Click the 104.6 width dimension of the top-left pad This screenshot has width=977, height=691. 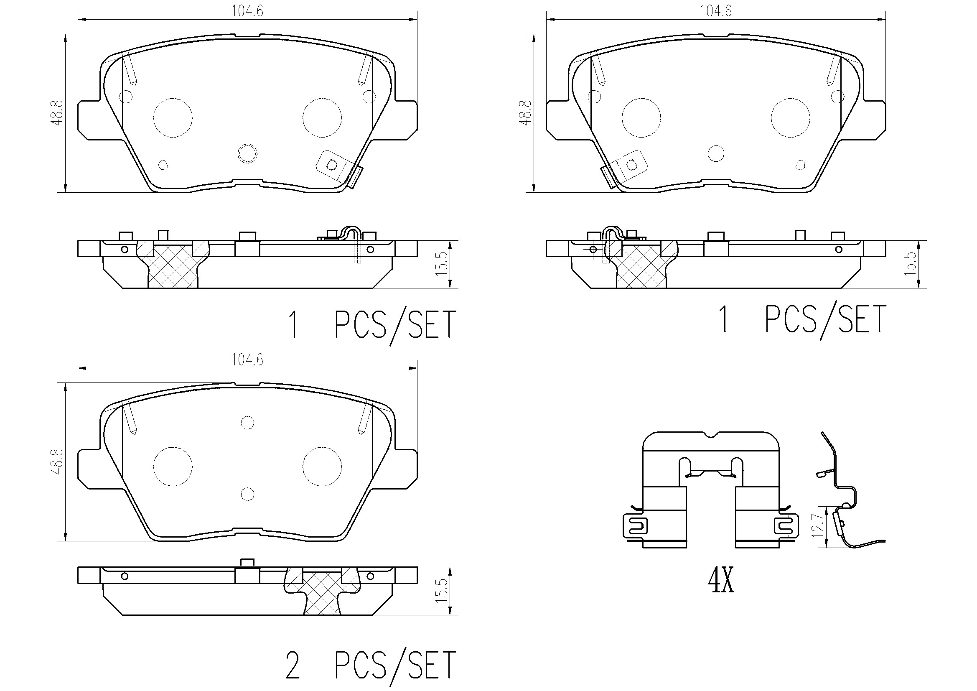coord(247,11)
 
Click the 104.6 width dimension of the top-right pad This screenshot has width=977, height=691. coord(716,11)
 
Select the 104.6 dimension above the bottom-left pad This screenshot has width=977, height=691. coord(247,360)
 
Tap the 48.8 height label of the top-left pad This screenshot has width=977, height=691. coord(57,113)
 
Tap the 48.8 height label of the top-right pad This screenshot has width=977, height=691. coord(526,113)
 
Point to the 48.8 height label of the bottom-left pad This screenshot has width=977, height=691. coord(57,462)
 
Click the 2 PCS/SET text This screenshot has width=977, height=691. coord(370,665)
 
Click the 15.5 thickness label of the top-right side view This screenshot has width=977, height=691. coord(910,264)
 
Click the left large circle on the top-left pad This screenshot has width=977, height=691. coord(173,118)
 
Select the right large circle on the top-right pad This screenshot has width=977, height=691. coord(791,118)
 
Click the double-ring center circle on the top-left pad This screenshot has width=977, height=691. coord(247,153)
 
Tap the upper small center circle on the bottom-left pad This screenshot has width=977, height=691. coord(247,423)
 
